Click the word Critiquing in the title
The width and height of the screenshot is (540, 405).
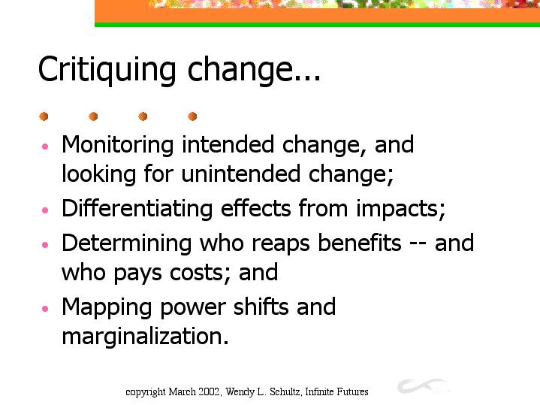pos(107,71)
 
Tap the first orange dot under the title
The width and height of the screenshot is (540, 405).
pos(44,116)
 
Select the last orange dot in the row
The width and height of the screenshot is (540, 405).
pos(192,116)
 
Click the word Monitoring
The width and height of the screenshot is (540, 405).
pos(117,145)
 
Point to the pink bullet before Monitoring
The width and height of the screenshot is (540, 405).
pos(45,147)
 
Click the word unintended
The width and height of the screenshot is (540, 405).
pos(241,174)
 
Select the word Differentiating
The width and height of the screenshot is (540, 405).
pos(137,209)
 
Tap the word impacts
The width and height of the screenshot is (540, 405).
pos(398,210)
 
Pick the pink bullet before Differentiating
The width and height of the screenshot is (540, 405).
pos(45,210)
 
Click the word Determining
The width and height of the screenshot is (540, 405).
pos(126,243)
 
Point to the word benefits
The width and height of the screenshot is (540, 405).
pos(360,242)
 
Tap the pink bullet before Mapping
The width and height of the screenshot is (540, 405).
pos(45,308)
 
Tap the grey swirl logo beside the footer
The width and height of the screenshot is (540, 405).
pos(423,386)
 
